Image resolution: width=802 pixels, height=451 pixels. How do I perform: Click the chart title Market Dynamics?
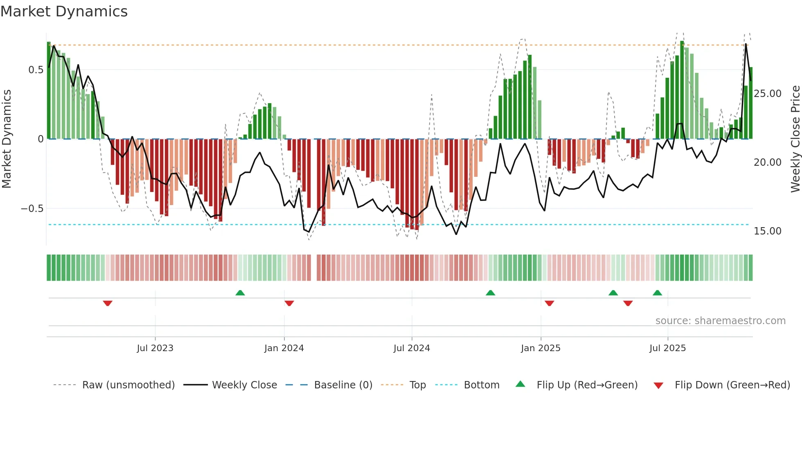[x=64, y=11]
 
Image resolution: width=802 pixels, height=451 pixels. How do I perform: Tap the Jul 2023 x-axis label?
[x=155, y=348]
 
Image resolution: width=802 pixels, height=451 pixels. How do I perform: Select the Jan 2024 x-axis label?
[x=284, y=348]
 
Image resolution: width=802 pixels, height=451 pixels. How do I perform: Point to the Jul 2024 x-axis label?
[x=412, y=348]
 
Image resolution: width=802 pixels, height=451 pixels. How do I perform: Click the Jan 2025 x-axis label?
[x=541, y=348]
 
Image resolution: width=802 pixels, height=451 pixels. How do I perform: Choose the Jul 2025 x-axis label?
[x=667, y=348]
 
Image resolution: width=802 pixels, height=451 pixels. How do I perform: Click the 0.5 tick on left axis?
[x=36, y=70]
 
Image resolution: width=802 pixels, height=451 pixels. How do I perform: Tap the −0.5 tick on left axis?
[x=32, y=209]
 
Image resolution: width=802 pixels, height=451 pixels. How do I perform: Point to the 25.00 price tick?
[x=768, y=94]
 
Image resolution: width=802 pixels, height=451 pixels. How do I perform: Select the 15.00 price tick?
[x=768, y=231]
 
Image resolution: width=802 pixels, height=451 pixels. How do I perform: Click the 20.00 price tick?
[x=768, y=162]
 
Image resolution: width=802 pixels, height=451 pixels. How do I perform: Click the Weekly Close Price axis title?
[x=795, y=139]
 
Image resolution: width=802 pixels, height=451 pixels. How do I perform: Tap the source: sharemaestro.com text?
[x=720, y=321]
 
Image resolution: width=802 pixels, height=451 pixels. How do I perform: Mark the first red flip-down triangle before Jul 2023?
[x=108, y=303]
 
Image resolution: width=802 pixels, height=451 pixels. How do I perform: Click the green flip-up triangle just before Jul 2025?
[x=657, y=293]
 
